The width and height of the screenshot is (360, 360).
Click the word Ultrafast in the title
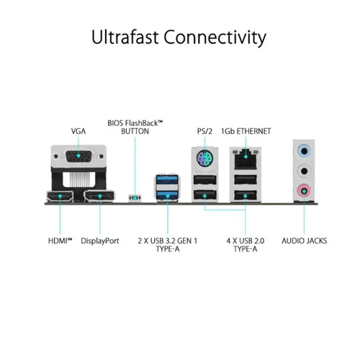(x=125, y=37)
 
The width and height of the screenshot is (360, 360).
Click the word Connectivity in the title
(x=215, y=38)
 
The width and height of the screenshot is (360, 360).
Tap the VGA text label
(x=78, y=131)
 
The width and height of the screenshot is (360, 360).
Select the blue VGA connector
(x=78, y=156)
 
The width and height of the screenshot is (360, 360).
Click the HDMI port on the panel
(x=60, y=197)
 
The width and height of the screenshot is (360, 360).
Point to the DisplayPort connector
(x=99, y=197)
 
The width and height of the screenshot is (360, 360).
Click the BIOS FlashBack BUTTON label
(x=135, y=127)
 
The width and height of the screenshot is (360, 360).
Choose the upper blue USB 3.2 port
(x=167, y=180)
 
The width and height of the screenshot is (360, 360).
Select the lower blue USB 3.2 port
(x=167, y=195)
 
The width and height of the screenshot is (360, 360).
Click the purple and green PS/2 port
(x=204, y=158)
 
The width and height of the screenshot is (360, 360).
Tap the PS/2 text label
(x=204, y=131)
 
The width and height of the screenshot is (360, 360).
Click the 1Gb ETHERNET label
(x=246, y=131)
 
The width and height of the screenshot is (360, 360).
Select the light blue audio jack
(x=304, y=151)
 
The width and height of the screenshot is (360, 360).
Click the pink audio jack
(x=304, y=192)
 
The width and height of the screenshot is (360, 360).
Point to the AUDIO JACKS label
(x=305, y=240)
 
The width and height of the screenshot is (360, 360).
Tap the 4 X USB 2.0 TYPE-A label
(x=246, y=245)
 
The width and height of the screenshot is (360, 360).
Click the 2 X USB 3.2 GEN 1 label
(x=168, y=245)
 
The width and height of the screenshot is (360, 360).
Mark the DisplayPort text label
(x=100, y=241)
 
